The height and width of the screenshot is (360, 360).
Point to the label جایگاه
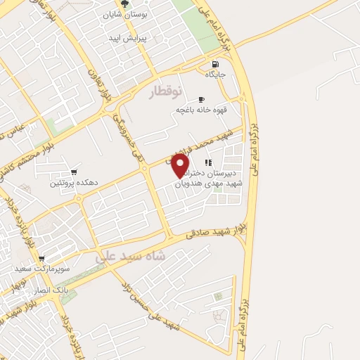214,74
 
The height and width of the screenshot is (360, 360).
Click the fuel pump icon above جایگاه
214,63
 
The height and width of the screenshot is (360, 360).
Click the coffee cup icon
201,99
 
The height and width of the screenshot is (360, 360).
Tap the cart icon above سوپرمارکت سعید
41,259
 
